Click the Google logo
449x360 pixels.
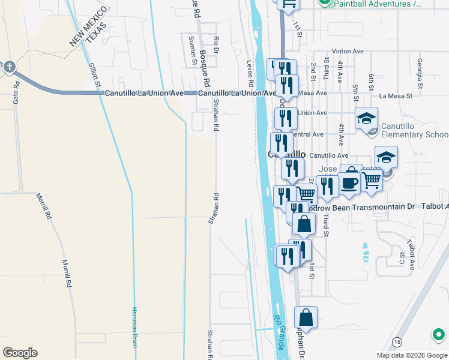click(21, 353)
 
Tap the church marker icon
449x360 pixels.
click(10, 67)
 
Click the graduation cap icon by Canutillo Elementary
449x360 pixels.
click(366, 118)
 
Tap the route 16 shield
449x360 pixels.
click(397, 342)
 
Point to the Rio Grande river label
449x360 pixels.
click(280, 333)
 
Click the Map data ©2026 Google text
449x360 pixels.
click(411, 355)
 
